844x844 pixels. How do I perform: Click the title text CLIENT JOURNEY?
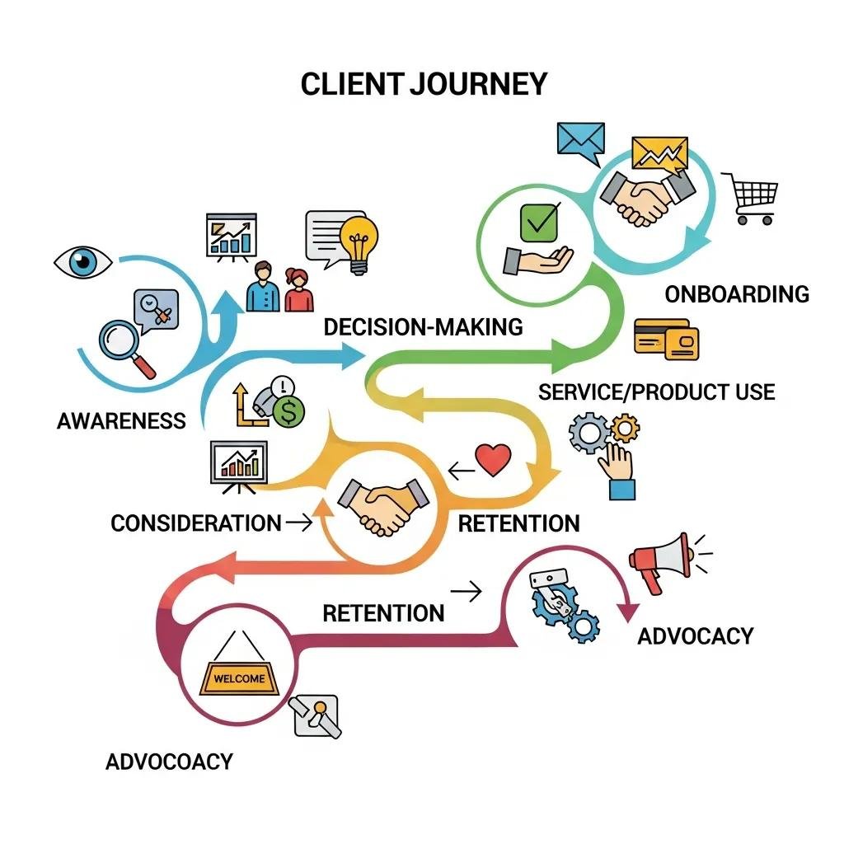424,84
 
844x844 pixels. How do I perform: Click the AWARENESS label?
121,421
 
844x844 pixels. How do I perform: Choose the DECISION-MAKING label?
423,326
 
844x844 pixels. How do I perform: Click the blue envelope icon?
580,139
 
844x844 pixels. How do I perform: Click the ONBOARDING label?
737,294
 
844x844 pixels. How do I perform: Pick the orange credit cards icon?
666,340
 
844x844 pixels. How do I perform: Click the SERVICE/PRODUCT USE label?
656,392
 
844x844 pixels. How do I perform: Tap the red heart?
494,460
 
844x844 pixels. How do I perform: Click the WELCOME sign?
240,678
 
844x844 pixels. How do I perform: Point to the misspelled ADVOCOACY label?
169,761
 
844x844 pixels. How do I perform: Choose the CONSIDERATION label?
195,523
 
